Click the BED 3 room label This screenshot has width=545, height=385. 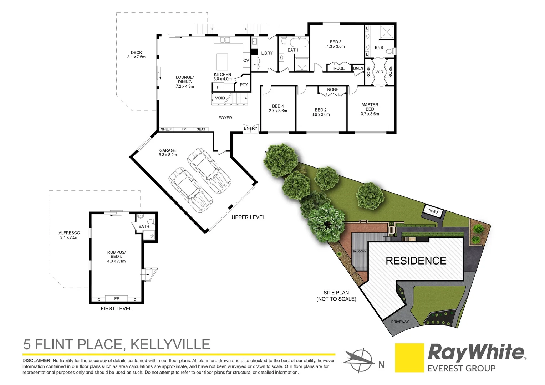click(x=335, y=42)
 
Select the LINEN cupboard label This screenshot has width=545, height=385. click(x=358, y=68)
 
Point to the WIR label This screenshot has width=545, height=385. click(x=379, y=72)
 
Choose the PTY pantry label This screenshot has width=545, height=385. click(x=244, y=85)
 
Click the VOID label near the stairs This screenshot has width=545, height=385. click(x=220, y=98)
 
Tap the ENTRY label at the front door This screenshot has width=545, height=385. click(x=250, y=128)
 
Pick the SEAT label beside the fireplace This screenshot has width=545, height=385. click(x=201, y=129)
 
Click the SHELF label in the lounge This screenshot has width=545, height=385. click(x=166, y=129)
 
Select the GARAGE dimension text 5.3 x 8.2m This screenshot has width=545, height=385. click(x=168, y=155)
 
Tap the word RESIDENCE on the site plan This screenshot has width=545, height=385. click(x=416, y=261)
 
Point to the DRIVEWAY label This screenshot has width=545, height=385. click(x=400, y=322)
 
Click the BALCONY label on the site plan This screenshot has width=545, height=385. click(x=360, y=251)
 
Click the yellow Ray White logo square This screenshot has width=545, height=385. click(x=409, y=358)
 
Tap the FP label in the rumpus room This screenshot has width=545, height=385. click(x=117, y=299)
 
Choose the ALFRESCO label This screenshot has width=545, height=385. click(x=69, y=233)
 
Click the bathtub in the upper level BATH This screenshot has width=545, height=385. click(x=298, y=42)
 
